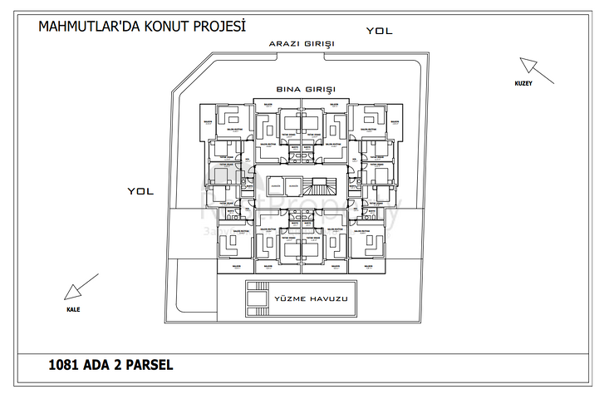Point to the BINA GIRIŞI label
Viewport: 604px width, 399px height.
(305, 88)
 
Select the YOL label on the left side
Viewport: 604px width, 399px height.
(140, 190)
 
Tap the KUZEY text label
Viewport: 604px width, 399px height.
(522, 84)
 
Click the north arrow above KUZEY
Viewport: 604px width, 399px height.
(528, 66)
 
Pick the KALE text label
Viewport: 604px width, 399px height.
(75, 308)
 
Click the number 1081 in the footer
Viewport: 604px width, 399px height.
(64, 363)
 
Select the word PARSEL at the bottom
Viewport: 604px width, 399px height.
(150, 363)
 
